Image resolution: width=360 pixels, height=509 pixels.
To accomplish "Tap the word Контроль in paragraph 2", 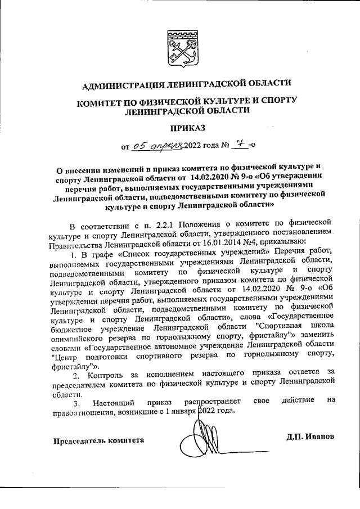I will (x=105, y=374).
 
